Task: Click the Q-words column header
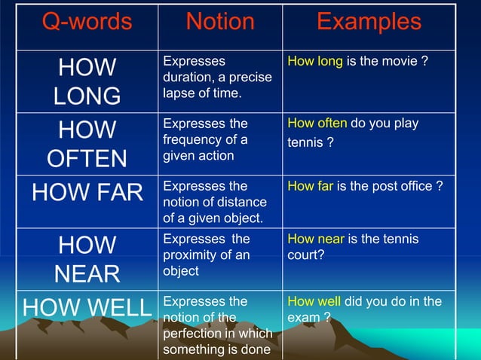point(87,22)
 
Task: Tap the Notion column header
point(220,22)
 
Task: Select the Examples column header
point(369,22)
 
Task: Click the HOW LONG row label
point(87,81)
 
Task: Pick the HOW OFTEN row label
point(87,144)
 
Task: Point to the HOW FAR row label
point(87,192)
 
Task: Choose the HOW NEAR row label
point(87,258)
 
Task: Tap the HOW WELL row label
point(87,308)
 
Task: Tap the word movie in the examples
point(400,61)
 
